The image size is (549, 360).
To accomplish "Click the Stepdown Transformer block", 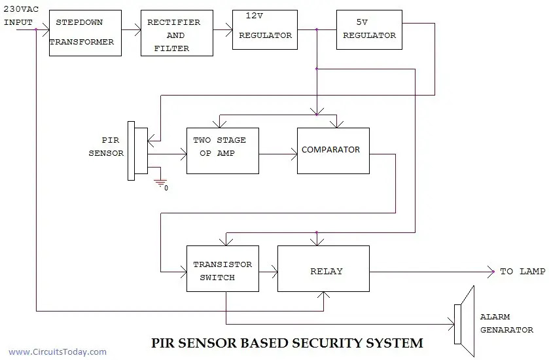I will click(x=85, y=32).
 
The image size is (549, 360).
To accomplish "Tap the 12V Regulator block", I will click(x=265, y=29).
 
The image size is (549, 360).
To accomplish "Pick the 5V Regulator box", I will click(x=369, y=29).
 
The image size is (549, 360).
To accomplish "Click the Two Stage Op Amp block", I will click(x=222, y=151).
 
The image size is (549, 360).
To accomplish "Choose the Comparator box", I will click(x=333, y=151).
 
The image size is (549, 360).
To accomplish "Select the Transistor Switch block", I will click(x=222, y=268).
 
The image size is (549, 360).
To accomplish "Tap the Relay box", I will click(x=323, y=268).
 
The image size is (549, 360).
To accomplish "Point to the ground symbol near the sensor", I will click(x=161, y=183).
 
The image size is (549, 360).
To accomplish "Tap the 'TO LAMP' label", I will click(x=522, y=271).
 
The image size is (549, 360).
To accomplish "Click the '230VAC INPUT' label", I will click(x=18, y=16).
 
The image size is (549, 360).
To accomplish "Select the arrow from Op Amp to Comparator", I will click(x=277, y=154).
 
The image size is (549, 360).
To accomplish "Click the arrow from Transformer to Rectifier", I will click(x=131, y=29).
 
